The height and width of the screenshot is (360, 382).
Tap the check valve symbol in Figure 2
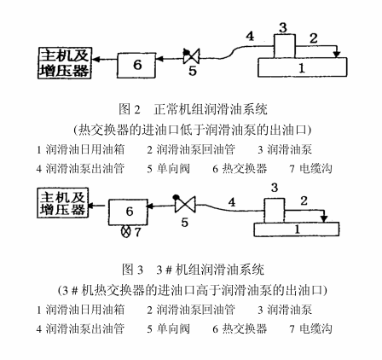(x=191, y=55)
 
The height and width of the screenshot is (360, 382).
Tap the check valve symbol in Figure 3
(x=185, y=203)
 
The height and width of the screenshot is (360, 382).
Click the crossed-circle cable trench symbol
(x=125, y=231)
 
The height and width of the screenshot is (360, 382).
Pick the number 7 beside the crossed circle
(x=137, y=232)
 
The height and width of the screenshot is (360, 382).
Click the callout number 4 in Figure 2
(x=250, y=36)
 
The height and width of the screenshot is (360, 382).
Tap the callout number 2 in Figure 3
(x=304, y=200)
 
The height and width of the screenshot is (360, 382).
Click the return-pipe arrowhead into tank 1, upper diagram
(x=337, y=54)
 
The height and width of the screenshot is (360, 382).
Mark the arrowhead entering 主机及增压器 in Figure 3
(x=92, y=205)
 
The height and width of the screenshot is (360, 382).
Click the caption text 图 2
(x=130, y=109)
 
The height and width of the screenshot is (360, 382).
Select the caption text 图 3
(x=132, y=270)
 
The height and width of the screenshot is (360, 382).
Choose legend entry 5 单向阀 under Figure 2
(x=168, y=169)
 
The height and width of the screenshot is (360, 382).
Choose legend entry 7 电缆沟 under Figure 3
(x=311, y=329)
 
